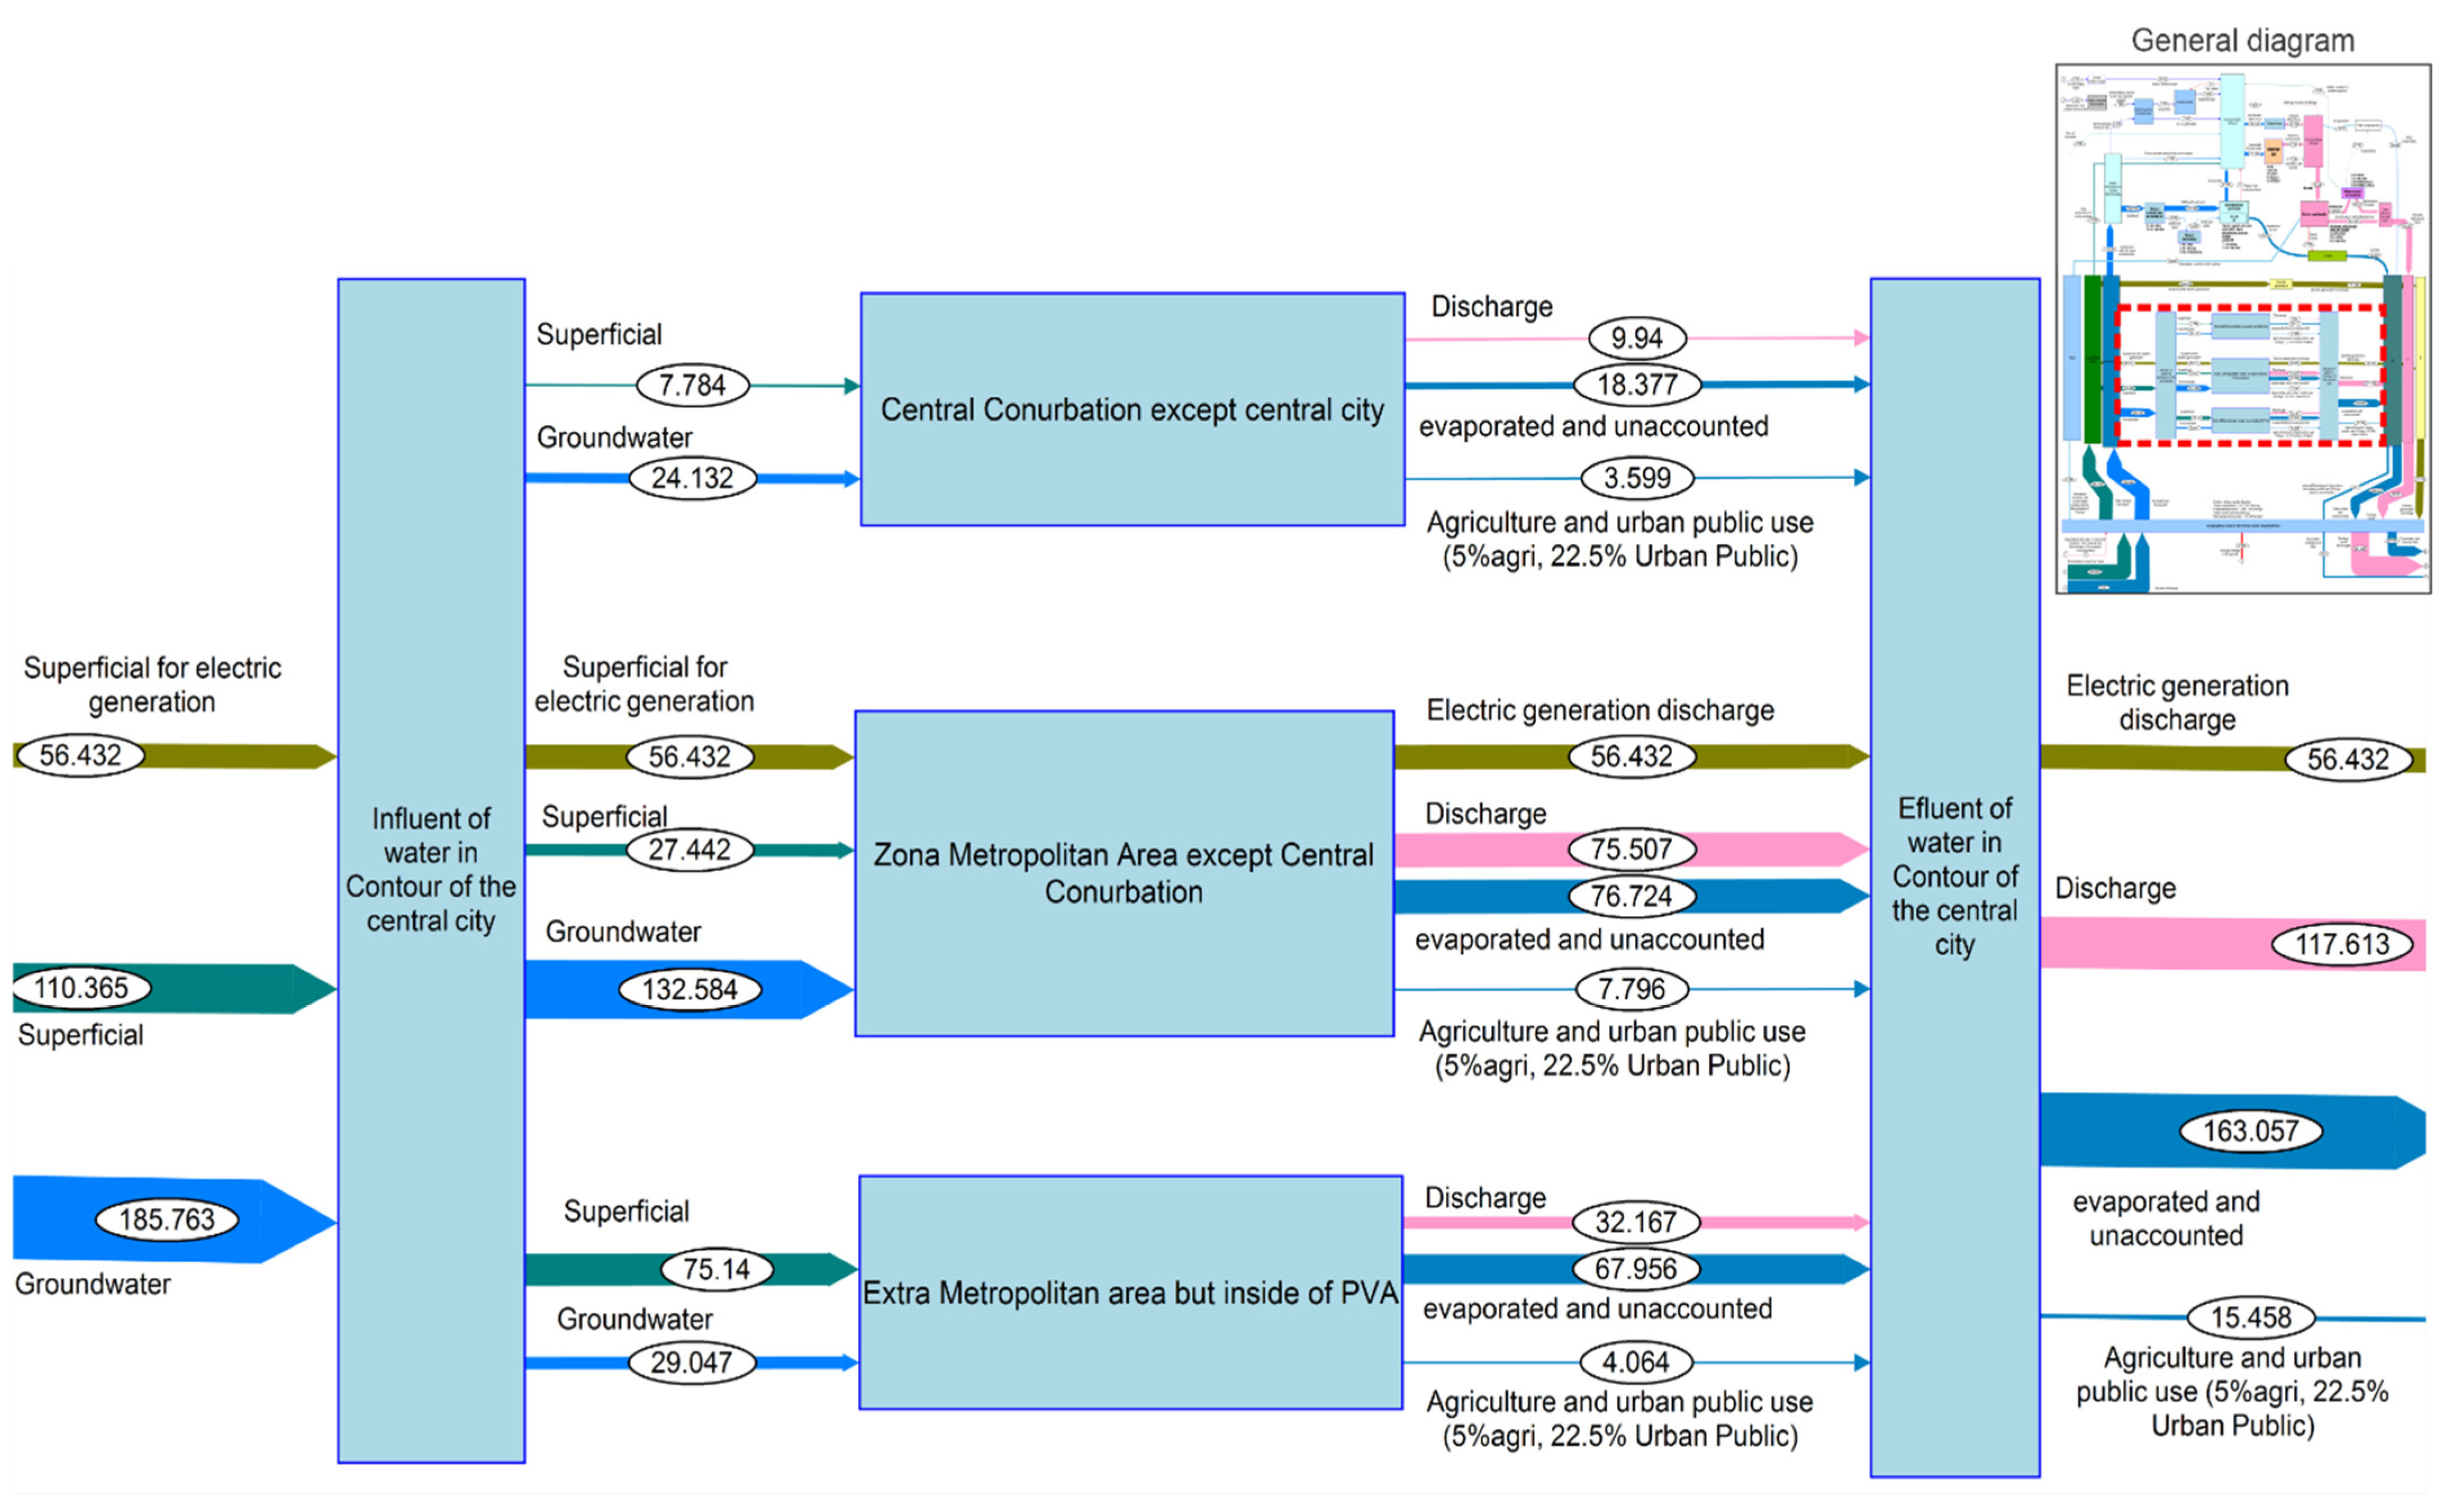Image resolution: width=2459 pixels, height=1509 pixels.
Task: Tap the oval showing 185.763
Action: point(167,1219)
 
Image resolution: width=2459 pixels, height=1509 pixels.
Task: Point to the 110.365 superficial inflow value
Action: point(82,988)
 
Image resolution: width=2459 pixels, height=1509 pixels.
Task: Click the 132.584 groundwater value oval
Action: point(690,990)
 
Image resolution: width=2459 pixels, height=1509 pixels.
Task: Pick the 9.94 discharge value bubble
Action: point(1637,338)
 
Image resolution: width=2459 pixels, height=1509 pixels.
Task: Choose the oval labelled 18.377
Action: point(1637,384)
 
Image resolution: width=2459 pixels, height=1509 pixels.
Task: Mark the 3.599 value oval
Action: point(1637,478)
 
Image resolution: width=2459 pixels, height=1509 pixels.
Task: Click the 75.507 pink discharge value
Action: point(1631,850)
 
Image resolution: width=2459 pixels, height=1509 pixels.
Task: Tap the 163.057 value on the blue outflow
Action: point(2250,1132)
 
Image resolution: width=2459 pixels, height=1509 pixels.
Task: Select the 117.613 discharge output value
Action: point(2341,944)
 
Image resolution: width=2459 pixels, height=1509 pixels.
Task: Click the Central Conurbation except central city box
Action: point(1131,409)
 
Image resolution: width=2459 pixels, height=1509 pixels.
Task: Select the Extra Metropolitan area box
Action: point(1130,1293)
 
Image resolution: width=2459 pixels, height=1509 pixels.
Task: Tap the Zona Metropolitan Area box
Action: point(1124,873)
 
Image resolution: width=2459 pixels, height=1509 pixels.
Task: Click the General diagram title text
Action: point(2243,41)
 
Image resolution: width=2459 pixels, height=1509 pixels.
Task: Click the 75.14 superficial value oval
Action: point(717,1269)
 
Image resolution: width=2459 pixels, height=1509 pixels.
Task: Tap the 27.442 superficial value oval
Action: point(690,850)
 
